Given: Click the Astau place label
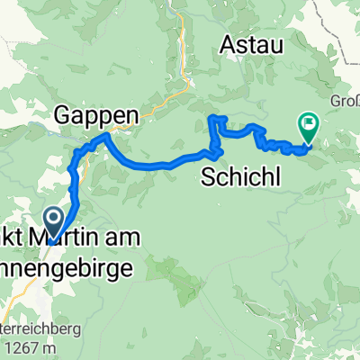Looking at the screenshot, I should coord(252,42).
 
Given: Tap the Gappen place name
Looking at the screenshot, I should coord(97,113).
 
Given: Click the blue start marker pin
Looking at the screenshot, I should coord(53,220).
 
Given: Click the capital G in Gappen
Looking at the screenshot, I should coord(63,113).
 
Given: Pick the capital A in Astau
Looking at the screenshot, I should coord(227,42).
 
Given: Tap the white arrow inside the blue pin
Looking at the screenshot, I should coord(53,217).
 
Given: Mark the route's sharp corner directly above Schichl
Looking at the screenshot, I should coord(211,118).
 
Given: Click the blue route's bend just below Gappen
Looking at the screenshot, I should coord(105,136).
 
